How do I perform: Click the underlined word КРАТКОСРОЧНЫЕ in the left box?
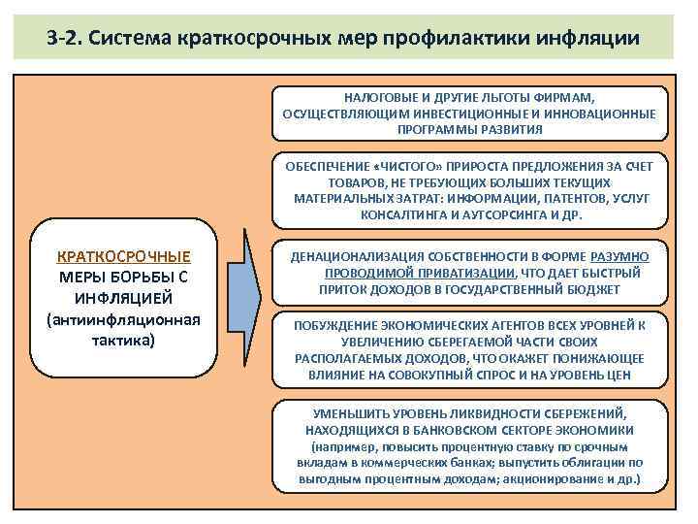click(123, 257)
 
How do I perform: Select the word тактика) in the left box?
click(123, 342)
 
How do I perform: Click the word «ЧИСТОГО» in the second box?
click(415, 166)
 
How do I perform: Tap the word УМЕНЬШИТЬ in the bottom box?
click(348, 412)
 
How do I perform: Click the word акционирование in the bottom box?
click(570, 479)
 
